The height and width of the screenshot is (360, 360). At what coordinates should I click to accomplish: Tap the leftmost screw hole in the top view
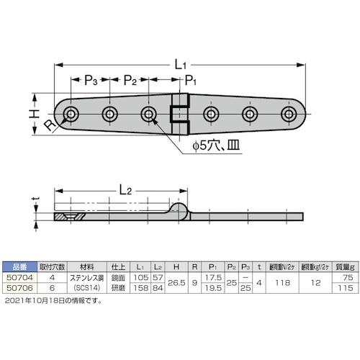pyautogui.click(x=71, y=114)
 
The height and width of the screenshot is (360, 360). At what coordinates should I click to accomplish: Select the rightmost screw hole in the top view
pyautogui.click(x=289, y=114)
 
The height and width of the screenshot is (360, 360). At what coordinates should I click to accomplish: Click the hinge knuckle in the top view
pyautogui.click(x=176, y=114)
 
